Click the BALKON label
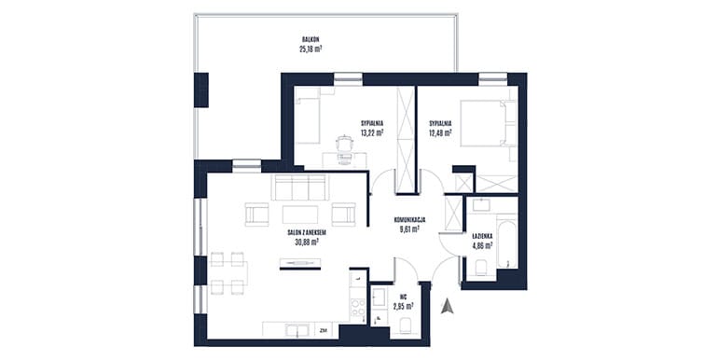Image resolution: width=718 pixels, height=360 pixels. pyautogui.click(x=311, y=40)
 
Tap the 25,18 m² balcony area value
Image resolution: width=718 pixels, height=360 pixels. pyautogui.click(x=311, y=49)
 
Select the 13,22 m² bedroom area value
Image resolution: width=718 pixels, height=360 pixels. pyautogui.click(x=371, y=132)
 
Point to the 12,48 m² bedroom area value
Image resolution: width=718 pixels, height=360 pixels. pyautogui.click(x=440, y=132)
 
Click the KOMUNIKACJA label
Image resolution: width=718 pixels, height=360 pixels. pyautogui.click(x=410, y=220)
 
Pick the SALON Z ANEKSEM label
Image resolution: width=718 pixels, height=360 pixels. pyautogui.click(x=307, y=233)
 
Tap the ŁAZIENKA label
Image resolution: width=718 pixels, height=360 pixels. pyautogui.click(x=482, y=236)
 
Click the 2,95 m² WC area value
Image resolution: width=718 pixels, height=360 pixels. pyautogui.click(x=403, y=306)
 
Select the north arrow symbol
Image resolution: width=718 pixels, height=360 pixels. pyautogui.click(x=447, y=307)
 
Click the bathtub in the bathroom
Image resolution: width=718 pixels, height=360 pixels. pyautogui.click(x=507, y=243)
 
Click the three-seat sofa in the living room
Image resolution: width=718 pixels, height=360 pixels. pyautogui.click(x=300, y=187)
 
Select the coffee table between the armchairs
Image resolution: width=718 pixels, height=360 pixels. pyautogui.click(x=300, y=215)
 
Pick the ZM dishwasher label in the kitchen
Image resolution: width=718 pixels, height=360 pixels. pyautogui.click(x=324, y=330)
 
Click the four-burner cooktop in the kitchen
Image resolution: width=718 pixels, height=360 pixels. pyautogui.click(x=358, y=308)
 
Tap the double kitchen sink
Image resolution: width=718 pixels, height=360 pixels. pyautogui.click(x=297, y=329)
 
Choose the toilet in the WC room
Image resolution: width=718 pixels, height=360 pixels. pyautogui.click(x=406, y=326)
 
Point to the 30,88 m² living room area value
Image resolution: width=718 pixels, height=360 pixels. pyautogui.click(x=307, y=242)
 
